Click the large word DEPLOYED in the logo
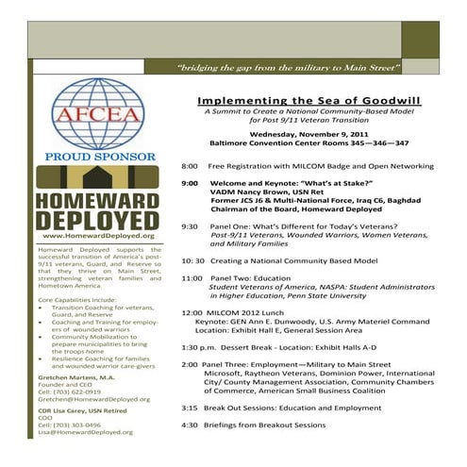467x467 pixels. (x=86, y=220)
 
